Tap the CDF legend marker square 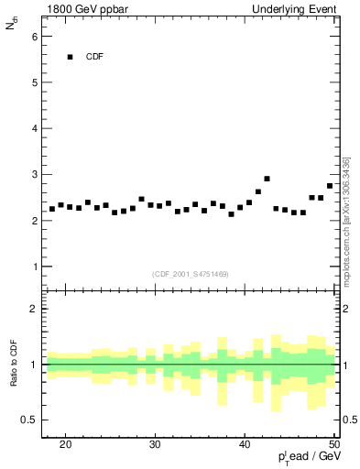coord(70,57)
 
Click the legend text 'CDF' coord(94,57)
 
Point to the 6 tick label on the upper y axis coord(34,36)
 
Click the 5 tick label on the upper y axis coord(34,82)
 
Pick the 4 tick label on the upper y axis coord(34,128)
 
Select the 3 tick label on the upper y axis coord(34,174)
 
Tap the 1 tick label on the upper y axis coord(34,267)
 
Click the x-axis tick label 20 coord(65,444)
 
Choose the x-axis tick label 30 coord(155,444)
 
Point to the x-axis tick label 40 coord(245,444)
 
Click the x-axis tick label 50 coord(333,444)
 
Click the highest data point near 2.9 coord(267,179)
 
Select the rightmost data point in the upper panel coord(330,186)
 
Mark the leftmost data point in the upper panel coord(52,209)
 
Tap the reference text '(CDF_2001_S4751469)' coord(191,274)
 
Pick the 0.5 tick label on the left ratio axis coord(30,420)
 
